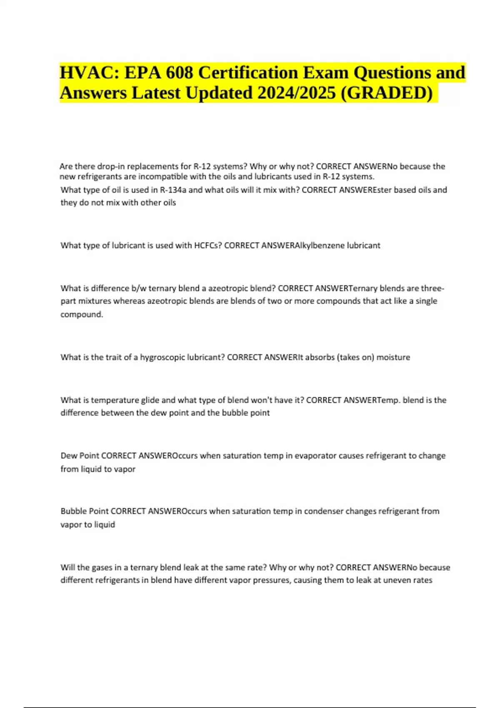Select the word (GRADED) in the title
point(387,93)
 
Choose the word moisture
point(393,357)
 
